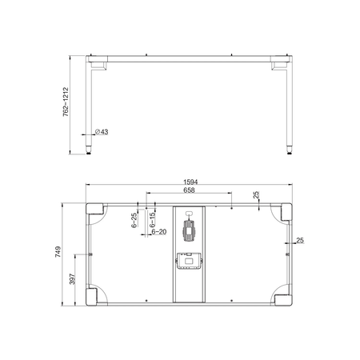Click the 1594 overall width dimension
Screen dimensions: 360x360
pos(190,182)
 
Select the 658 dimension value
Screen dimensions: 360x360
pos(190,191)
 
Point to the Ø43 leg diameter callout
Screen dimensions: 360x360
pos(102,131)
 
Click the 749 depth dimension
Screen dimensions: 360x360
pos(58,253)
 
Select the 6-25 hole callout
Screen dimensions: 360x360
pos(134,221)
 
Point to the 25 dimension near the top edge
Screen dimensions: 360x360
pos(255,196)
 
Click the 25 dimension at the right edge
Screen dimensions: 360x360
pos(299,240)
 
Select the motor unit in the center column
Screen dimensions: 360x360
pos(190,230)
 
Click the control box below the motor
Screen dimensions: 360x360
pos(190,261)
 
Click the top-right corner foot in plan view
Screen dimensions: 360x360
pos(283,212)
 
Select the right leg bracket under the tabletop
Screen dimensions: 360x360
pos(283,62)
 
